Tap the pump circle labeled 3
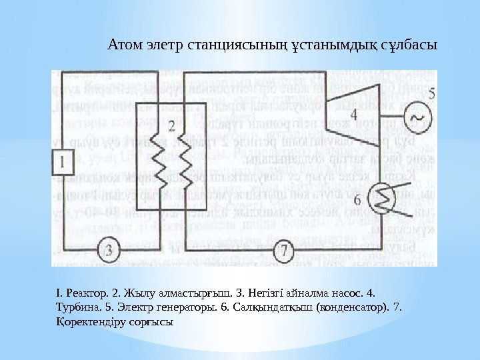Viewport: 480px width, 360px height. coord(110,251)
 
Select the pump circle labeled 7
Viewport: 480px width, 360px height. coord(284,251)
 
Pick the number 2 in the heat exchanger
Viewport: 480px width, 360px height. coord(171,125)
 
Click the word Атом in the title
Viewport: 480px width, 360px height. coord(122,47)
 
